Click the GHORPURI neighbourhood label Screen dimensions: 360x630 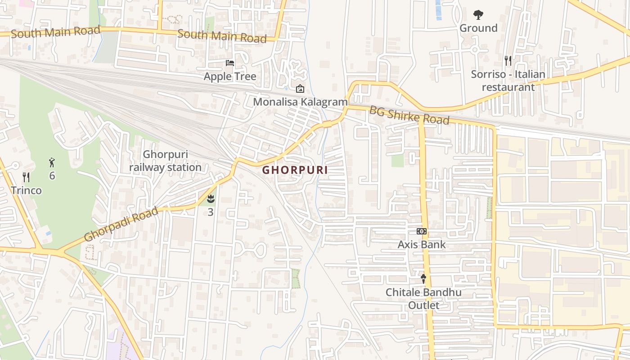pos(295,170)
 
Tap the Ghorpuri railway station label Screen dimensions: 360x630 pos(165,161)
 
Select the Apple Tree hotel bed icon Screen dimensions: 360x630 pos(230,63)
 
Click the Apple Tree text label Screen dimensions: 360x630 pos(230,76)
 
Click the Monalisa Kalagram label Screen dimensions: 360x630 pos(300,102)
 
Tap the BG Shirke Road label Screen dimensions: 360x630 pos(409,115)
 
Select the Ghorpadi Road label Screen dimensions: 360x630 pos(121,224)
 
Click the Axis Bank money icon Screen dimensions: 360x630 pos(422,231)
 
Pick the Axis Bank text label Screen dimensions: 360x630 pos(422,245)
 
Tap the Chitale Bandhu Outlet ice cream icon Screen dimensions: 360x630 pos(423,279)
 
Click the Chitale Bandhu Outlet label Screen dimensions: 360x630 pos(423,299)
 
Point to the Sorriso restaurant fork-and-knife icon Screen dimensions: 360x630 pos(508,60)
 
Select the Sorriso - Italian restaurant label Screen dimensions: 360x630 pos(508,81)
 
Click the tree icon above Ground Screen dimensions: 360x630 pos(478,14)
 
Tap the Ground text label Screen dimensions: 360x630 pos(478,28)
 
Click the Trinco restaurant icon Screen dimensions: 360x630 pos(26,177)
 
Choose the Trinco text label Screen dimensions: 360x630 pos(26,190)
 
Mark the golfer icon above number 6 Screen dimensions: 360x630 pos(52,162)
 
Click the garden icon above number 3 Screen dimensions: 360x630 pos(211,198)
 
